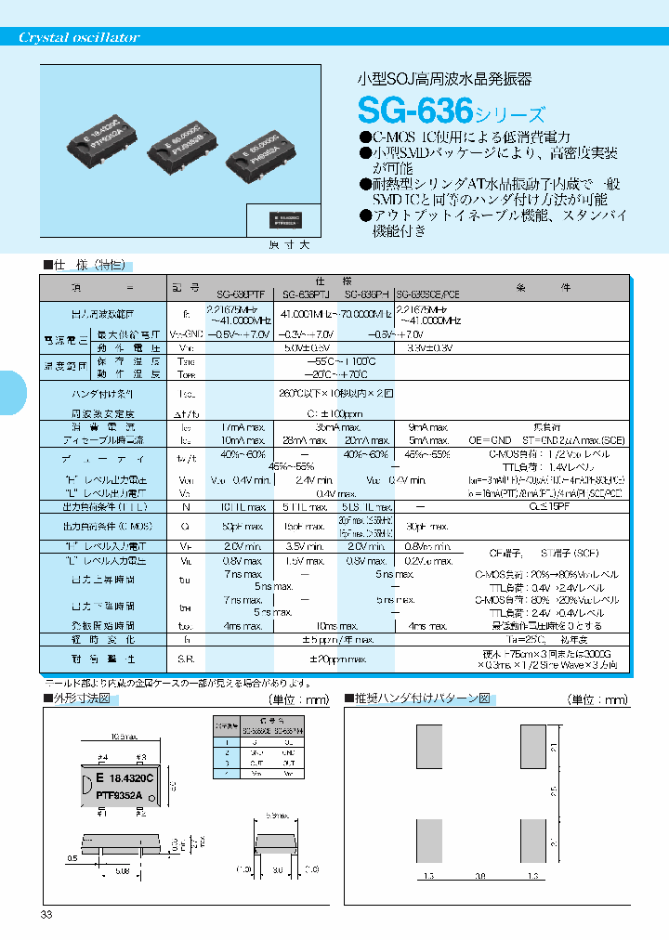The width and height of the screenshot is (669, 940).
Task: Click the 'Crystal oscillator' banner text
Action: pyautogui.click(x=80, y=38)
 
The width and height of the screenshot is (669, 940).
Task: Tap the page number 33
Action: pyautogui.click(x=46, y=915)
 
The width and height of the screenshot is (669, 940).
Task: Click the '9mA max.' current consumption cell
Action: pyautogui.click(x=428, y=425)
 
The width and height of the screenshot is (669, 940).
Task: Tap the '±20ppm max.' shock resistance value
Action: pyautogui.click(x=332, y=659)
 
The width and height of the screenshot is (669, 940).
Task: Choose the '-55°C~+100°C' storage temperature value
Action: pyautogui.click(x=332, y=360)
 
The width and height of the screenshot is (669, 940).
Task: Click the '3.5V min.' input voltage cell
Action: pyautogui.click(x=302, y=547)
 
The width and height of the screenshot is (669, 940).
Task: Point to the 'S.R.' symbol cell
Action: pyautogui.click(x=184, y=659)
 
